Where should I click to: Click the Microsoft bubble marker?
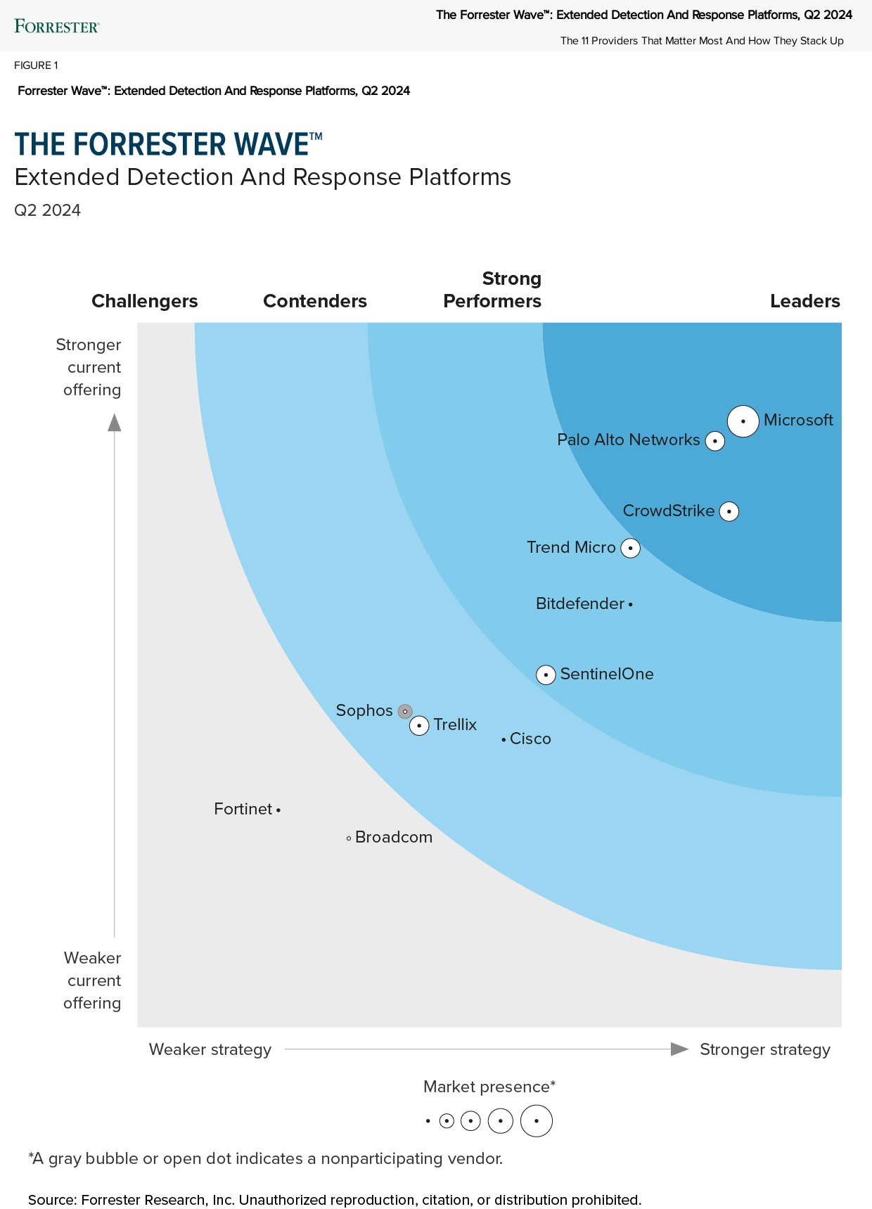point(743,421)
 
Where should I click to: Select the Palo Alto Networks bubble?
point(715,441)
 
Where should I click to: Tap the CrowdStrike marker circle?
point(729,511)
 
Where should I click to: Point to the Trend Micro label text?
point(571,547)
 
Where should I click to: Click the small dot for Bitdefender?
point(630,604)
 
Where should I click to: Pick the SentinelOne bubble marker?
point(546,674)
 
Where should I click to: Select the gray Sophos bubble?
point(404,711)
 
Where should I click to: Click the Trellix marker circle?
point(419,725)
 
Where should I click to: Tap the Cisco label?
point(530,738)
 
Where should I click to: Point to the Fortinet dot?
point(278,810)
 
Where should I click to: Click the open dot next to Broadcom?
point(349,838)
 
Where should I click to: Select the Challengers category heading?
point(145,301)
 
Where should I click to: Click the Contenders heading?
point(315,301)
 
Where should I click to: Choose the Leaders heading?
point(804,301)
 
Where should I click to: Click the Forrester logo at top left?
point(57,27)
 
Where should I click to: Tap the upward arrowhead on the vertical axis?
point(114,422)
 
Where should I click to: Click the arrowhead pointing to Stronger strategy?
point(679,1049)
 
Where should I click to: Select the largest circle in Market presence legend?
point(537,1121)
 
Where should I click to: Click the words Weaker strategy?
point(210,1049)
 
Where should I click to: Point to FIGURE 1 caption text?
point(36,65)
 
